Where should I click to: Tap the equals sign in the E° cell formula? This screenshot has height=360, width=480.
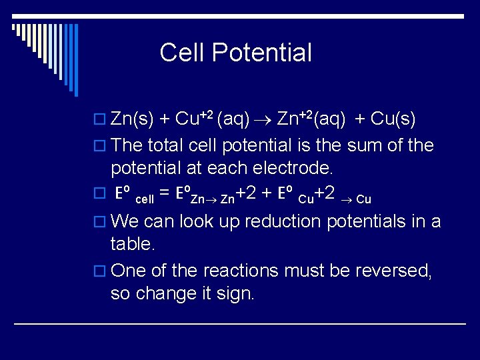[164, 195]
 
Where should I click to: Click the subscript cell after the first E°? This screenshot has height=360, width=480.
[144, 199]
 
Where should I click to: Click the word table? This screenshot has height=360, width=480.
[133, 245]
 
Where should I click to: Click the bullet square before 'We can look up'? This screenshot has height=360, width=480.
[101, 222]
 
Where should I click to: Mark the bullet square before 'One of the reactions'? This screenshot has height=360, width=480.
[101, 271]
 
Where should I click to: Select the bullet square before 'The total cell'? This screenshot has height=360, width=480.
[101, 146]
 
